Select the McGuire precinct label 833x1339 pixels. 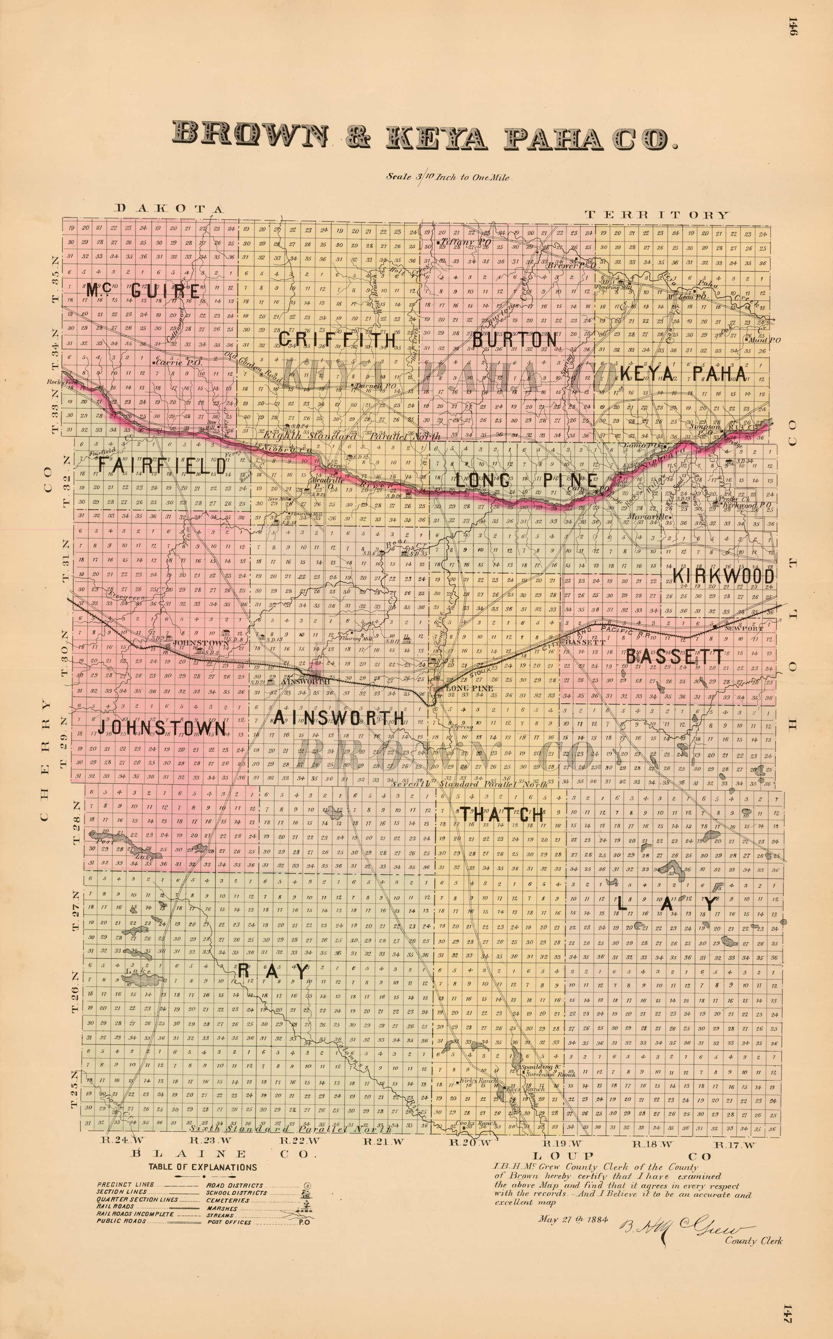(x=143, y=291)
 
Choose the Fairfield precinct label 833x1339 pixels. (x=162, y=466)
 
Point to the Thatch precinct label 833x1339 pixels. (x=502, y=814)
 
